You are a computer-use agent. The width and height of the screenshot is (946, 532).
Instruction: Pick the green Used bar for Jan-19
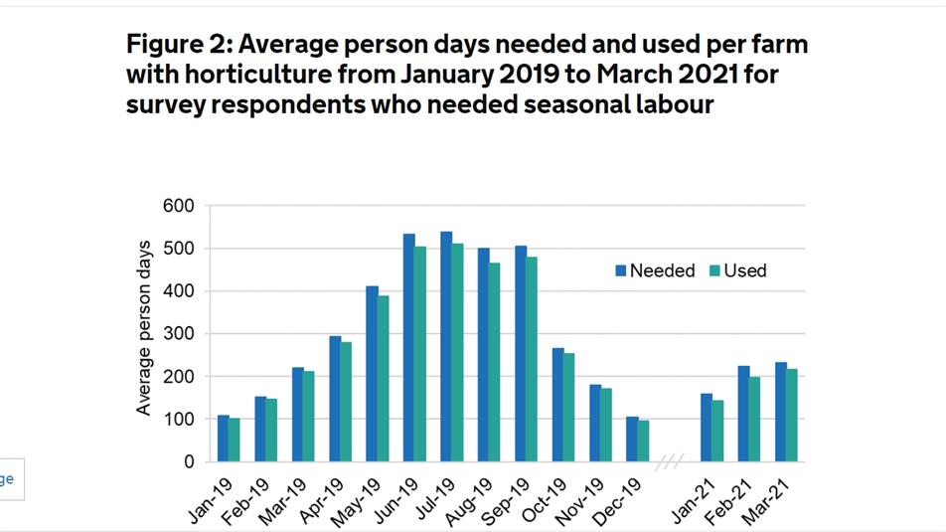[x=235, y=441]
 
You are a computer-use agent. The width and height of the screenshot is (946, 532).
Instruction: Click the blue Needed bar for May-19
[x=372, y=374]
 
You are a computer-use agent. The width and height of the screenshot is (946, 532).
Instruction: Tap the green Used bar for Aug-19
[x=494, y=363]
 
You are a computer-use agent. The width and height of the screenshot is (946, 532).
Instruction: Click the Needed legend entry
[x=655, y=270]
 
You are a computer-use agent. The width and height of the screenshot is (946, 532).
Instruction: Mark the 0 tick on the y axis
[x=189, y=462]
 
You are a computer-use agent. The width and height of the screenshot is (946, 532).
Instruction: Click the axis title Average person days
[x=144, y=328]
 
